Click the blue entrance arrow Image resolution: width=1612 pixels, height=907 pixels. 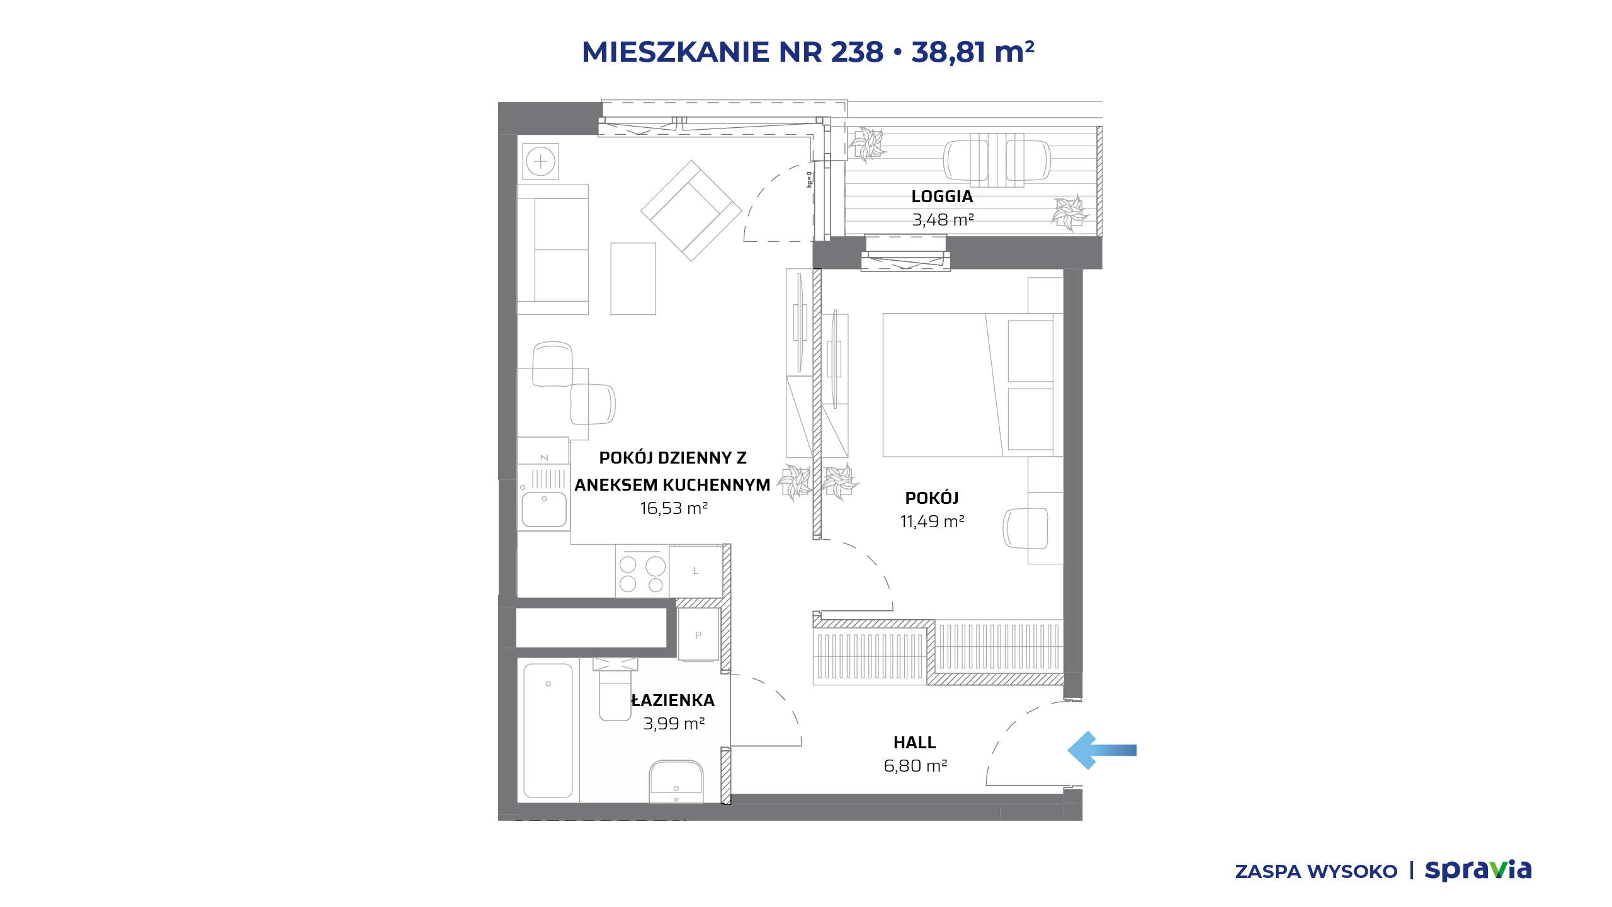point(1101,750)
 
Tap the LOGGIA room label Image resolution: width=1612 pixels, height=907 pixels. point(942,197)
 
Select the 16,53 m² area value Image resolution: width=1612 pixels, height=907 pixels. point(674,508)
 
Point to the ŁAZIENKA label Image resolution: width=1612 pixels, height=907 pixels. point(673,700)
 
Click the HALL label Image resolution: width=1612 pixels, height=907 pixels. point(914,743)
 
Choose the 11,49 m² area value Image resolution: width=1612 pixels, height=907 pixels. point(932,522)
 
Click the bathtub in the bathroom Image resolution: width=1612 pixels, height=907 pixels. point(548,731)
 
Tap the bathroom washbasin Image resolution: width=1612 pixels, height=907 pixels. point(676,781)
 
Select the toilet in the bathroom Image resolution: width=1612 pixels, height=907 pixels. point(615,689)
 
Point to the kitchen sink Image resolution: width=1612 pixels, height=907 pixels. point(544,509)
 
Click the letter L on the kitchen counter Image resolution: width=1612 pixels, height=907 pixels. point(696,571)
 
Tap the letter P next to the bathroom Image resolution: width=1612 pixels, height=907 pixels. point(698,635)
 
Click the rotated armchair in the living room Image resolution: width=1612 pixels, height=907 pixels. point(691,210)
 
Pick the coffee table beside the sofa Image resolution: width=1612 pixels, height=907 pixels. point(633,278)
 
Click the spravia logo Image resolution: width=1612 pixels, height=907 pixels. point(1478,870)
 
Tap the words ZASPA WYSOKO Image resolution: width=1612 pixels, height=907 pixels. point(1316,872)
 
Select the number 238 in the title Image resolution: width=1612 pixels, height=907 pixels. point(857,52)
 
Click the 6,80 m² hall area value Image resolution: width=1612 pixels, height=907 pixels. point(916,766)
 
